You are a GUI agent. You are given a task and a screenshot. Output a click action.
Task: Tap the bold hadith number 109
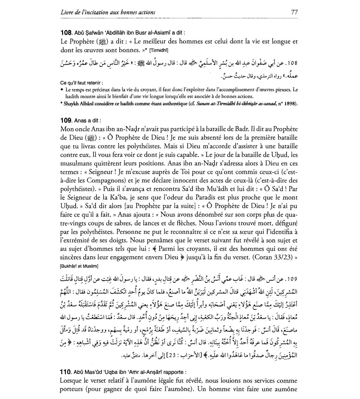pyautogui.click(x=65, y=121)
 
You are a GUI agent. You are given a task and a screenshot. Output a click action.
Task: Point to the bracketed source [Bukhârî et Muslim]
pyautogui.click(x=79, y=266)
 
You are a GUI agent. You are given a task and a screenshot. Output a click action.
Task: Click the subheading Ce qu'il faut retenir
pyautogui.click(x=82, y=83)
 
